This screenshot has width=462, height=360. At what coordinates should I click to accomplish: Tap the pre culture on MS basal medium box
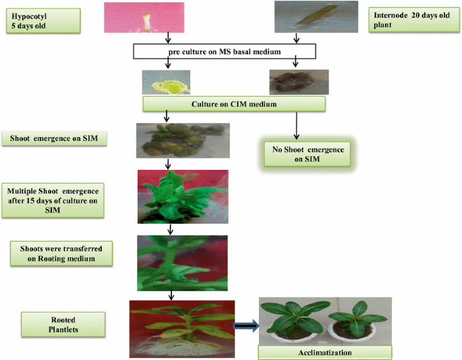(230, 53)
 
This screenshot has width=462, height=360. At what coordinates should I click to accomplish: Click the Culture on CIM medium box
(234, 103)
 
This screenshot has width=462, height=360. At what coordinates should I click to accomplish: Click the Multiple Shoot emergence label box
(53, 199)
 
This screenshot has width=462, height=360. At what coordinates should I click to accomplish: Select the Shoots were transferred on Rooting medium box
(61, 252)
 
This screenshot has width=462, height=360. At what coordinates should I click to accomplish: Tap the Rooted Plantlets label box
(63, 325)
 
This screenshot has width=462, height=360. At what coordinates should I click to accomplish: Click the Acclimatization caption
(324, 352)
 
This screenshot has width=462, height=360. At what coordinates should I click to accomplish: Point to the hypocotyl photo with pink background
(144, 17)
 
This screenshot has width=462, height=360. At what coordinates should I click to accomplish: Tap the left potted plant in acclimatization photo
(292, 320)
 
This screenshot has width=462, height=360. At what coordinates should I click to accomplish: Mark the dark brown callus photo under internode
(299, 82)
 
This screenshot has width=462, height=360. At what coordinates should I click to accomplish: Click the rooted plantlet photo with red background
(181, 328)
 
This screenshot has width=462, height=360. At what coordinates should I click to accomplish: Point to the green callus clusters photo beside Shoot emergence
(182, 140)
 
